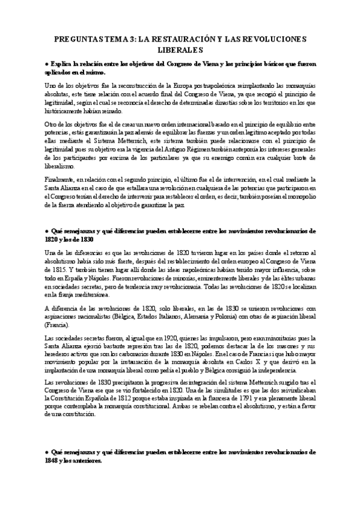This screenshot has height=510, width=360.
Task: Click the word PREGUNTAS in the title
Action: [76, 39]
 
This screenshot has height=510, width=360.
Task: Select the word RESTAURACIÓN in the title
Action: [181, 39]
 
